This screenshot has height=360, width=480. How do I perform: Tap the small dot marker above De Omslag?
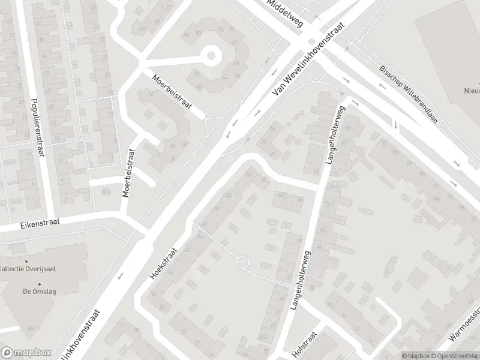point(40,284)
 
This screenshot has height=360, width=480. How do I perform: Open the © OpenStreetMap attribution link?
point(454,355)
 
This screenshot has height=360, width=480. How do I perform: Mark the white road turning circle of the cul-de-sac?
point(211,57)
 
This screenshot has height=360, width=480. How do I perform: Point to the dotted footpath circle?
point(242,262)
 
